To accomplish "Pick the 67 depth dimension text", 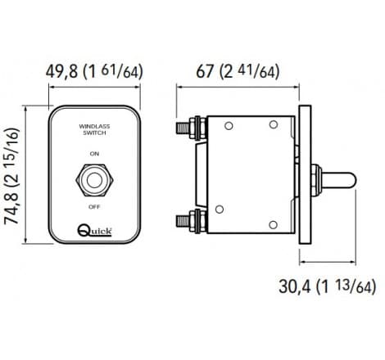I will point(204,71).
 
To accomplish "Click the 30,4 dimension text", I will point(296,286).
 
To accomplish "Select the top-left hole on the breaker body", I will point(229,125).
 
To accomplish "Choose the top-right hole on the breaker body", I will point(285,125).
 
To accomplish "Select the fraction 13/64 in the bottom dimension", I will point(361,286).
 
